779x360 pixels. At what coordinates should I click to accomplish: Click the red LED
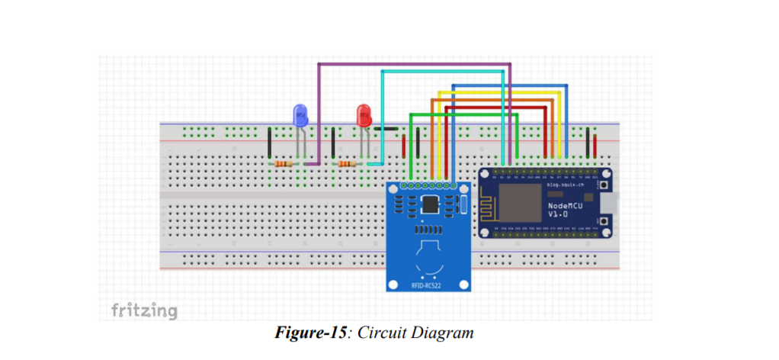(364, 116)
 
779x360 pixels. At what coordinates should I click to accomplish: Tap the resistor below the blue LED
(284, 164)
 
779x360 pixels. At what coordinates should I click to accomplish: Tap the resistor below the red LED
(348, 164)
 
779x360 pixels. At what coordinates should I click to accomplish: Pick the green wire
(465, 114)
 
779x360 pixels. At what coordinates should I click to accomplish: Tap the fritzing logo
(144, 310)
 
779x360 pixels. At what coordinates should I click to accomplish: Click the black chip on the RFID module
(430, 204)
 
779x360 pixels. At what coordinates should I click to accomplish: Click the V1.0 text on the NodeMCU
(559, 215)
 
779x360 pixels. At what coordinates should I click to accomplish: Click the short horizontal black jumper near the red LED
(389, 130)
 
